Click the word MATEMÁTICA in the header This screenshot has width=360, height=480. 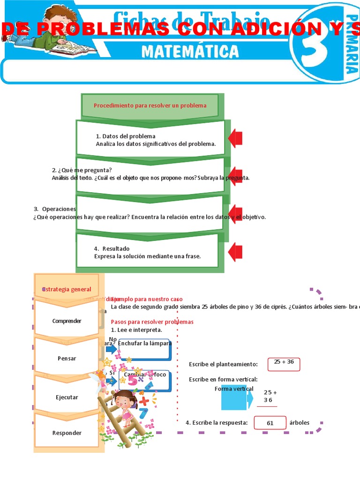(x=190, y=51)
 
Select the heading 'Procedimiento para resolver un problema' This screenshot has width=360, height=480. (x=150, y=105)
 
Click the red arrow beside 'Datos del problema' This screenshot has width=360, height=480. (x=235, y=138)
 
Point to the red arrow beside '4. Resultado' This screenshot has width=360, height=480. (x=235, y=252)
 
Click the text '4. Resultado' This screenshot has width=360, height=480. (x=112, y=248)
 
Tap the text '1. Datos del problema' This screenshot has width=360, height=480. (x=125, y=136)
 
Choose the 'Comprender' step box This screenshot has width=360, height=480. (x=67, y=321)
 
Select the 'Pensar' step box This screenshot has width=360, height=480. (x=67, y=358)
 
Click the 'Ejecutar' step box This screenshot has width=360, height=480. (x=67, y=397)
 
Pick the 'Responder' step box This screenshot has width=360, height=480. (x=67, y=433)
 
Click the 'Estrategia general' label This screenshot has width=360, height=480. (x=67, y=289)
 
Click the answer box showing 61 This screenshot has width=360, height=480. (x=270, y=423)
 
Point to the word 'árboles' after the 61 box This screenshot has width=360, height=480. (x=299, y=422)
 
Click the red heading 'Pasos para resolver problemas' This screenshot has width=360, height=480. (x=152, y=322)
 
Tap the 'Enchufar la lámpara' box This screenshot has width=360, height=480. (x=144, y=347)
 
